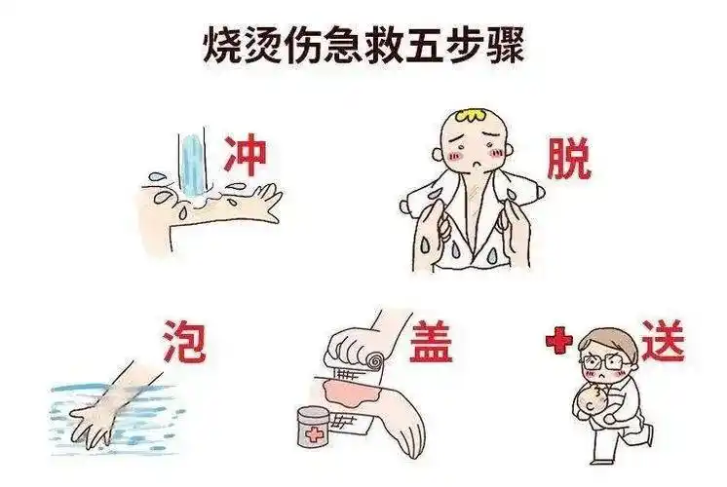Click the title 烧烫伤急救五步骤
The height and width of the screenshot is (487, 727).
pos(363,44)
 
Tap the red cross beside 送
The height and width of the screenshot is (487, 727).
pos(556,343)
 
